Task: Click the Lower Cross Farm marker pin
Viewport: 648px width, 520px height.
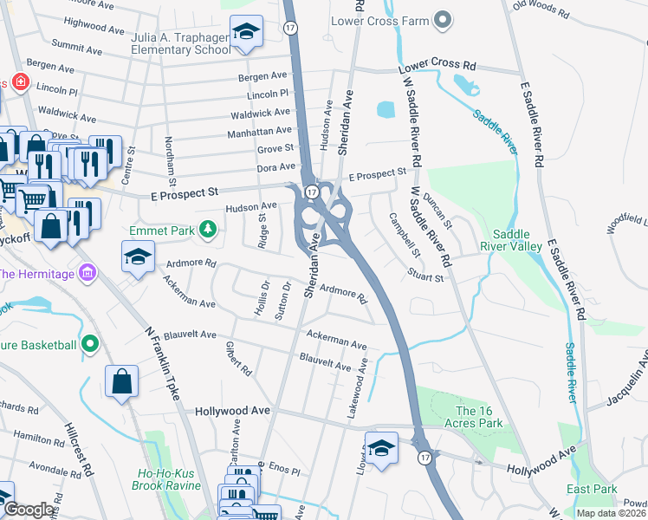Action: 444,18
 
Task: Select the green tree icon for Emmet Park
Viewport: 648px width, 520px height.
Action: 207,230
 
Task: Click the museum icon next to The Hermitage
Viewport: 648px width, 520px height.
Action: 86,275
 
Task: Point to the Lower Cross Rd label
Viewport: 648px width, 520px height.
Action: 437,67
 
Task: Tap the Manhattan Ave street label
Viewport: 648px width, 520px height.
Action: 259,131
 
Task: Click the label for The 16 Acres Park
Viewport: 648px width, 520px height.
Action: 478,417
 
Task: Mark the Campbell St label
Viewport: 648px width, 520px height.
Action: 404,236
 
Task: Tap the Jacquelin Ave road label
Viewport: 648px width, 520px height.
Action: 614,380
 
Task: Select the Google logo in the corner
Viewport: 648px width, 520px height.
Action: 29,510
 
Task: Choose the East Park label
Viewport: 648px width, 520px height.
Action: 592,490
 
